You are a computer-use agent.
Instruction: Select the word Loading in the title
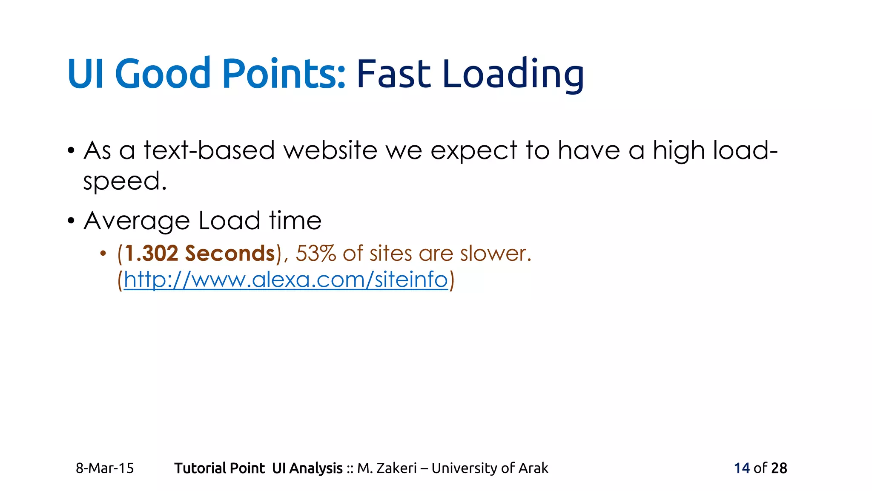click(513, 75)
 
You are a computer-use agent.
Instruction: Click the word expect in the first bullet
click(473, 151)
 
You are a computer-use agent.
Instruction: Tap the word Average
click(137, 221)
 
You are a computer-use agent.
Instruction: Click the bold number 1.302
click(152, 254)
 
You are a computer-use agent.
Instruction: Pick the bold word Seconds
click(230, 254)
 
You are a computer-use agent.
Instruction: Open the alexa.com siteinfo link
click(286, 280)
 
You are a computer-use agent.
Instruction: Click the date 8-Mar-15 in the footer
click(105, 468)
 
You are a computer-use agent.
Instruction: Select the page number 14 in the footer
click(742, 468)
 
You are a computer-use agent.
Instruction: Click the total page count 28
click(779, 468)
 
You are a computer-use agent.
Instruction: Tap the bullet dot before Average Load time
click(71, 221)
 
